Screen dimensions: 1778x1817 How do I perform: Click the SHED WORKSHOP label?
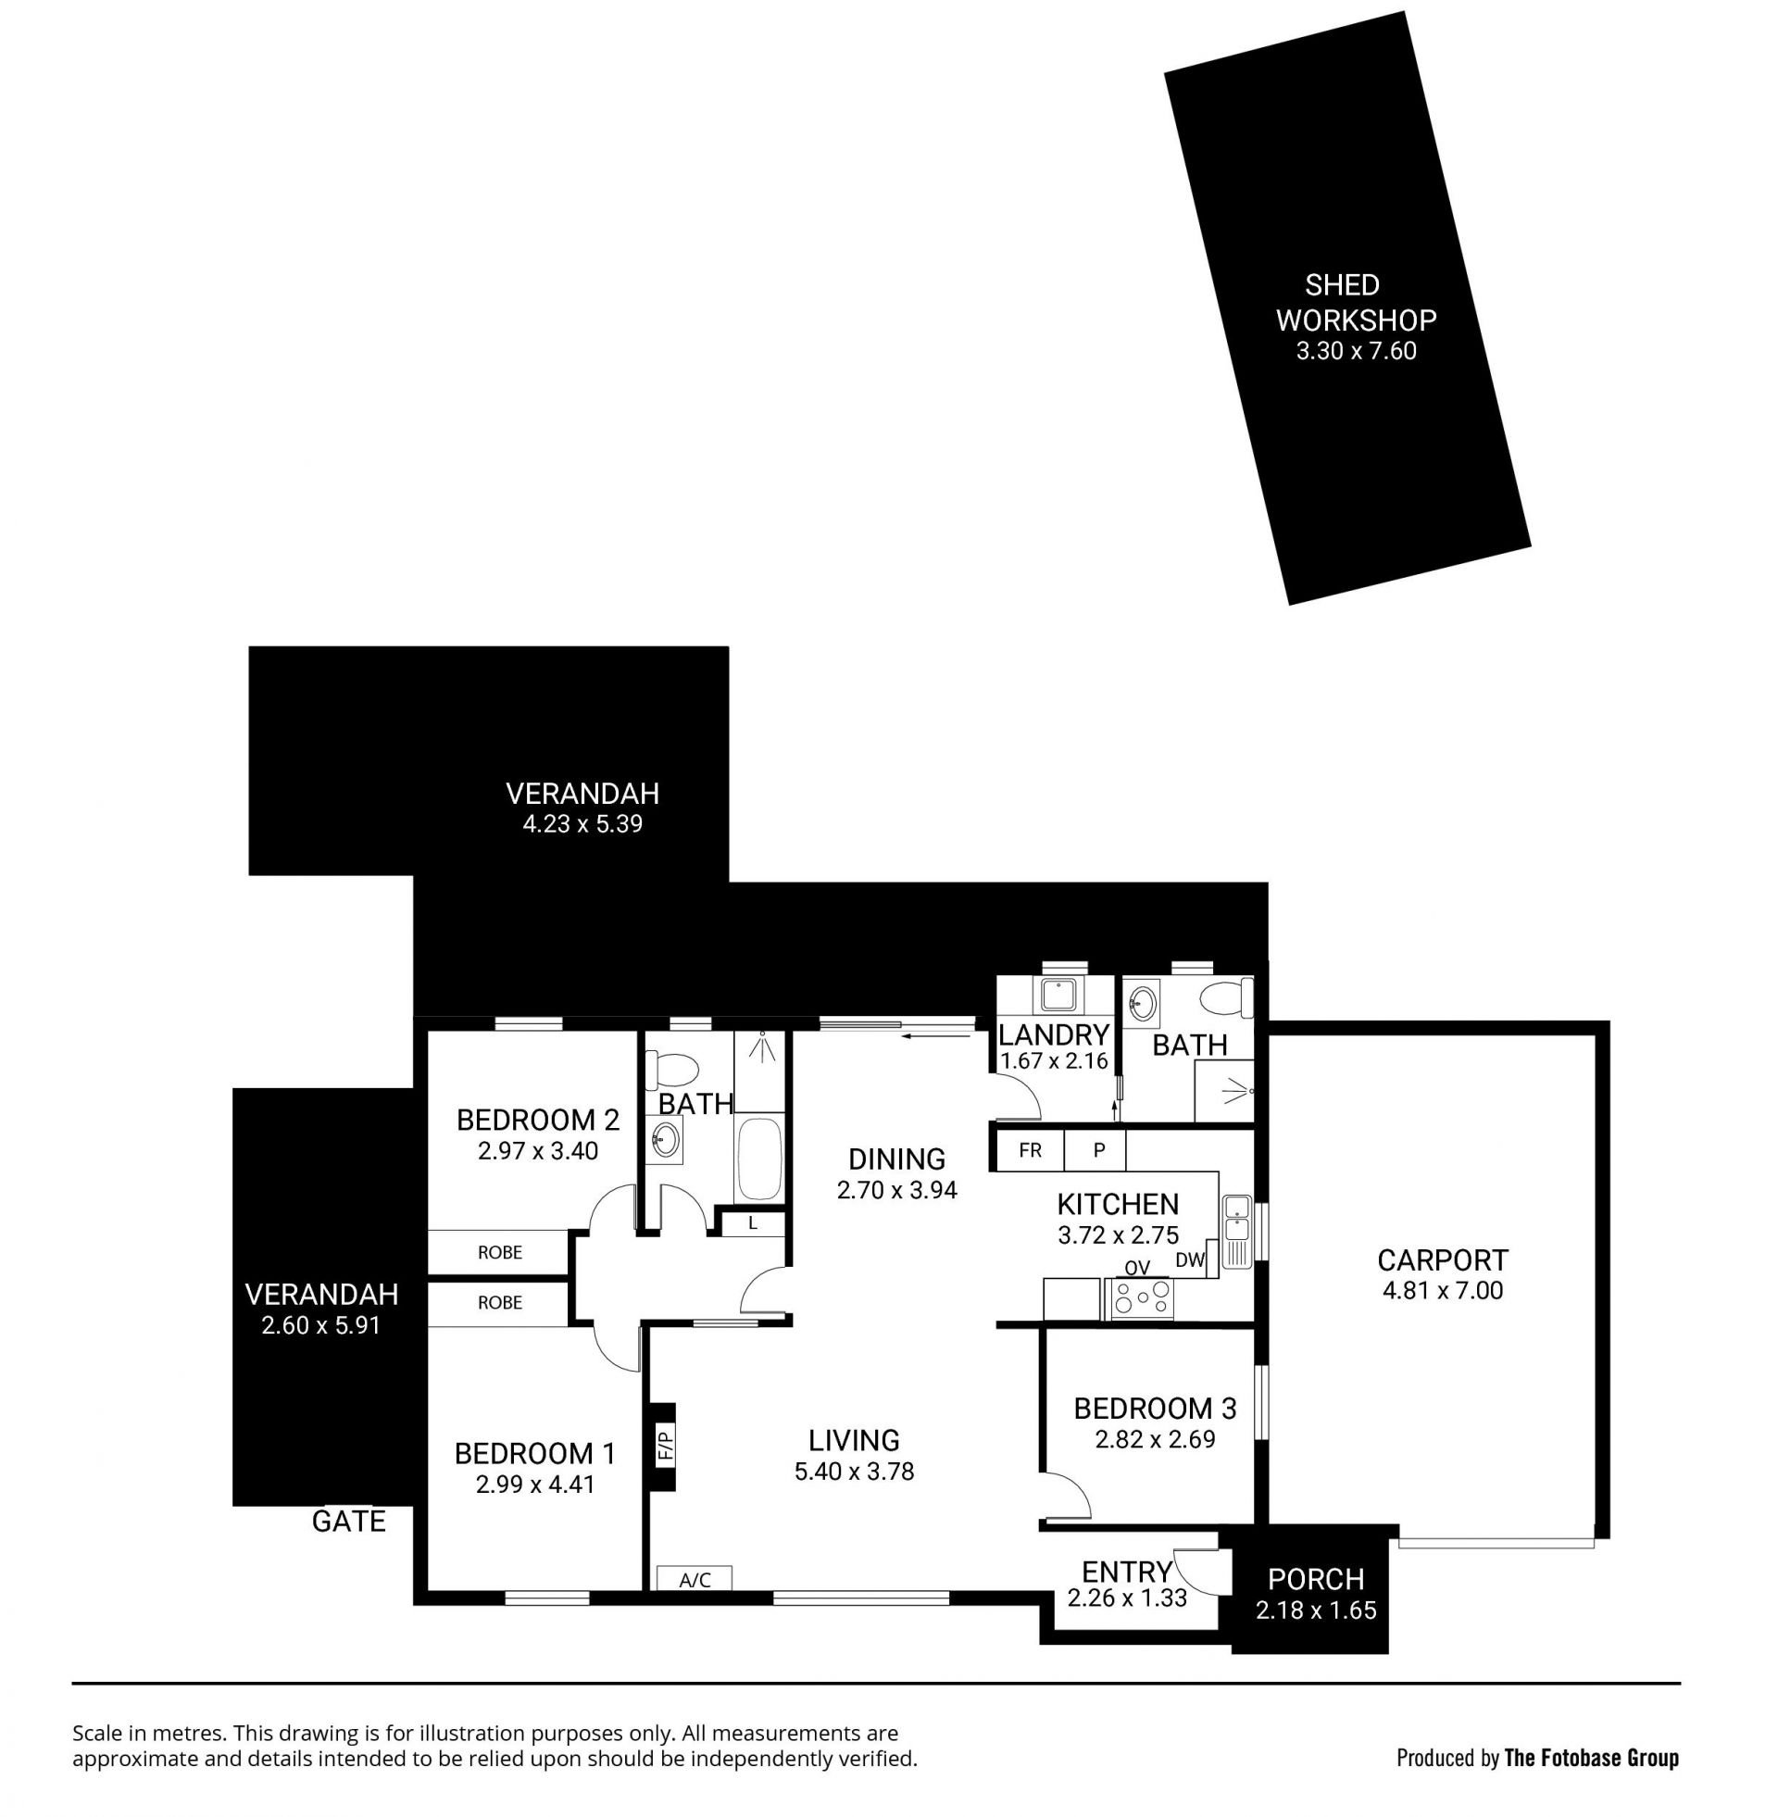click(x=1355, y=303)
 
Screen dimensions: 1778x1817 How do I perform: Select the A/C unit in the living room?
click(x=694, y=1579)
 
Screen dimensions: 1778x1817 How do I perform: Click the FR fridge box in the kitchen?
click(x=1030, y=1150)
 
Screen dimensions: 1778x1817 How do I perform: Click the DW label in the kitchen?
click(x=1190, y=1260)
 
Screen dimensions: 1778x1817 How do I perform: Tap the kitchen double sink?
click(x=1237, y=1231)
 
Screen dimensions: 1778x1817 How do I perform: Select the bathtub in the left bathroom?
click(x=759, y=1158)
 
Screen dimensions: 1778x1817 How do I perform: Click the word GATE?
click(x=348, y=1521)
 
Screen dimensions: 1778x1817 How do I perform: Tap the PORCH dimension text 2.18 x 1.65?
click(x=1316, y=1610)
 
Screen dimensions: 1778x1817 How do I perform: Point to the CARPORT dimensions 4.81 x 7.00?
click(x=1443, y=1290)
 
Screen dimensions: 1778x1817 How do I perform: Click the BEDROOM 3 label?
click(x=1155, y=1408)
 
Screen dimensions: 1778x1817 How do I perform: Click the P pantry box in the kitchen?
click(x=1098, y=1150)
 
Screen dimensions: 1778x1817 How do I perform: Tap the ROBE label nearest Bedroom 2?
click(x=499, y=1252)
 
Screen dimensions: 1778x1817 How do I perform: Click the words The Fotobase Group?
click(x=1591, y=1758)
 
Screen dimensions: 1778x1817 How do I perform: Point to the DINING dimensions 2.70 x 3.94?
click(x=896, y=1189)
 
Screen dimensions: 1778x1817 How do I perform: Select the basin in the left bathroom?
click(x=665, y=1139)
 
